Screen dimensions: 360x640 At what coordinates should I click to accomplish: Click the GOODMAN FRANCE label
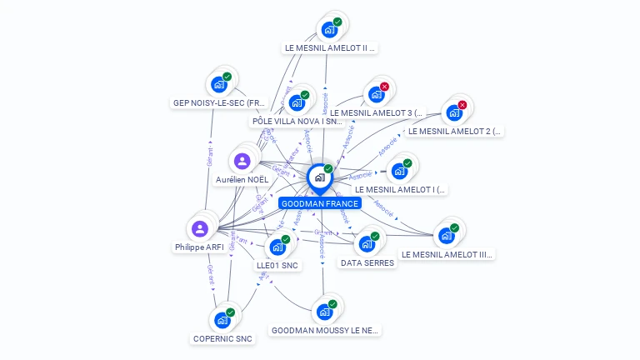[x=320, y=203]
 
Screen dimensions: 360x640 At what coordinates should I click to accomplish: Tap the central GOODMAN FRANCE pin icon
[x=319, y=177]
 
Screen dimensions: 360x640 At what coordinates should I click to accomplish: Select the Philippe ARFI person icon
[x=199, y=228]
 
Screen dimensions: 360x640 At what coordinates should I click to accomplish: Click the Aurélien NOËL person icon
[x=242, y=161]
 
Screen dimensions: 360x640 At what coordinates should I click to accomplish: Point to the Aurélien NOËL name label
[x=242, y=179]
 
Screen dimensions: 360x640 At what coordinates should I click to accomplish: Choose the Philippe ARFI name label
[x=199, y=247]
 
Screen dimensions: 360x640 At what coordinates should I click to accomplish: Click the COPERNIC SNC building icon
[x=222, y=320]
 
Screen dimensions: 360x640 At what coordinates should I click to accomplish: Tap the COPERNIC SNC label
[x=222, y=338]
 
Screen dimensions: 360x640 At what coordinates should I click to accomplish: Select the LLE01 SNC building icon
[x=277, y=247]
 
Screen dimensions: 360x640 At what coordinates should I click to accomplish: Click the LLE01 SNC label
[x=277, y=266]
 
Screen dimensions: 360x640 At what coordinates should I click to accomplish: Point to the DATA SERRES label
[x=367, y=263]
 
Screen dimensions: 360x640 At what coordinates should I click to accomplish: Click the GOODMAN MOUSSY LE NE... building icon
[x=323, y=312]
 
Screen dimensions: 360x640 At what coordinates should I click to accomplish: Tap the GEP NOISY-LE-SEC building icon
[x=219, y=84]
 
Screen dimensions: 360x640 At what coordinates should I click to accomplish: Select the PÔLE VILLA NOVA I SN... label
[x=297, y=122]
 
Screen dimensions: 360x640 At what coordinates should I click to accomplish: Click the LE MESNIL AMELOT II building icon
[x=329, y=29]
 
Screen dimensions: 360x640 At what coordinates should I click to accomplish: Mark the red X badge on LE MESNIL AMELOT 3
[x=384, y=87]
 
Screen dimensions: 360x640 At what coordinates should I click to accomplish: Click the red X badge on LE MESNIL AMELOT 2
[x=462, y=105]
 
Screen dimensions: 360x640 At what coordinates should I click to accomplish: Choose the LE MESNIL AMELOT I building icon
[x=399, y=171]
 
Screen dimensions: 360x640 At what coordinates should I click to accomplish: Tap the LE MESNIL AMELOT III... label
[x=447, y=254]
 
